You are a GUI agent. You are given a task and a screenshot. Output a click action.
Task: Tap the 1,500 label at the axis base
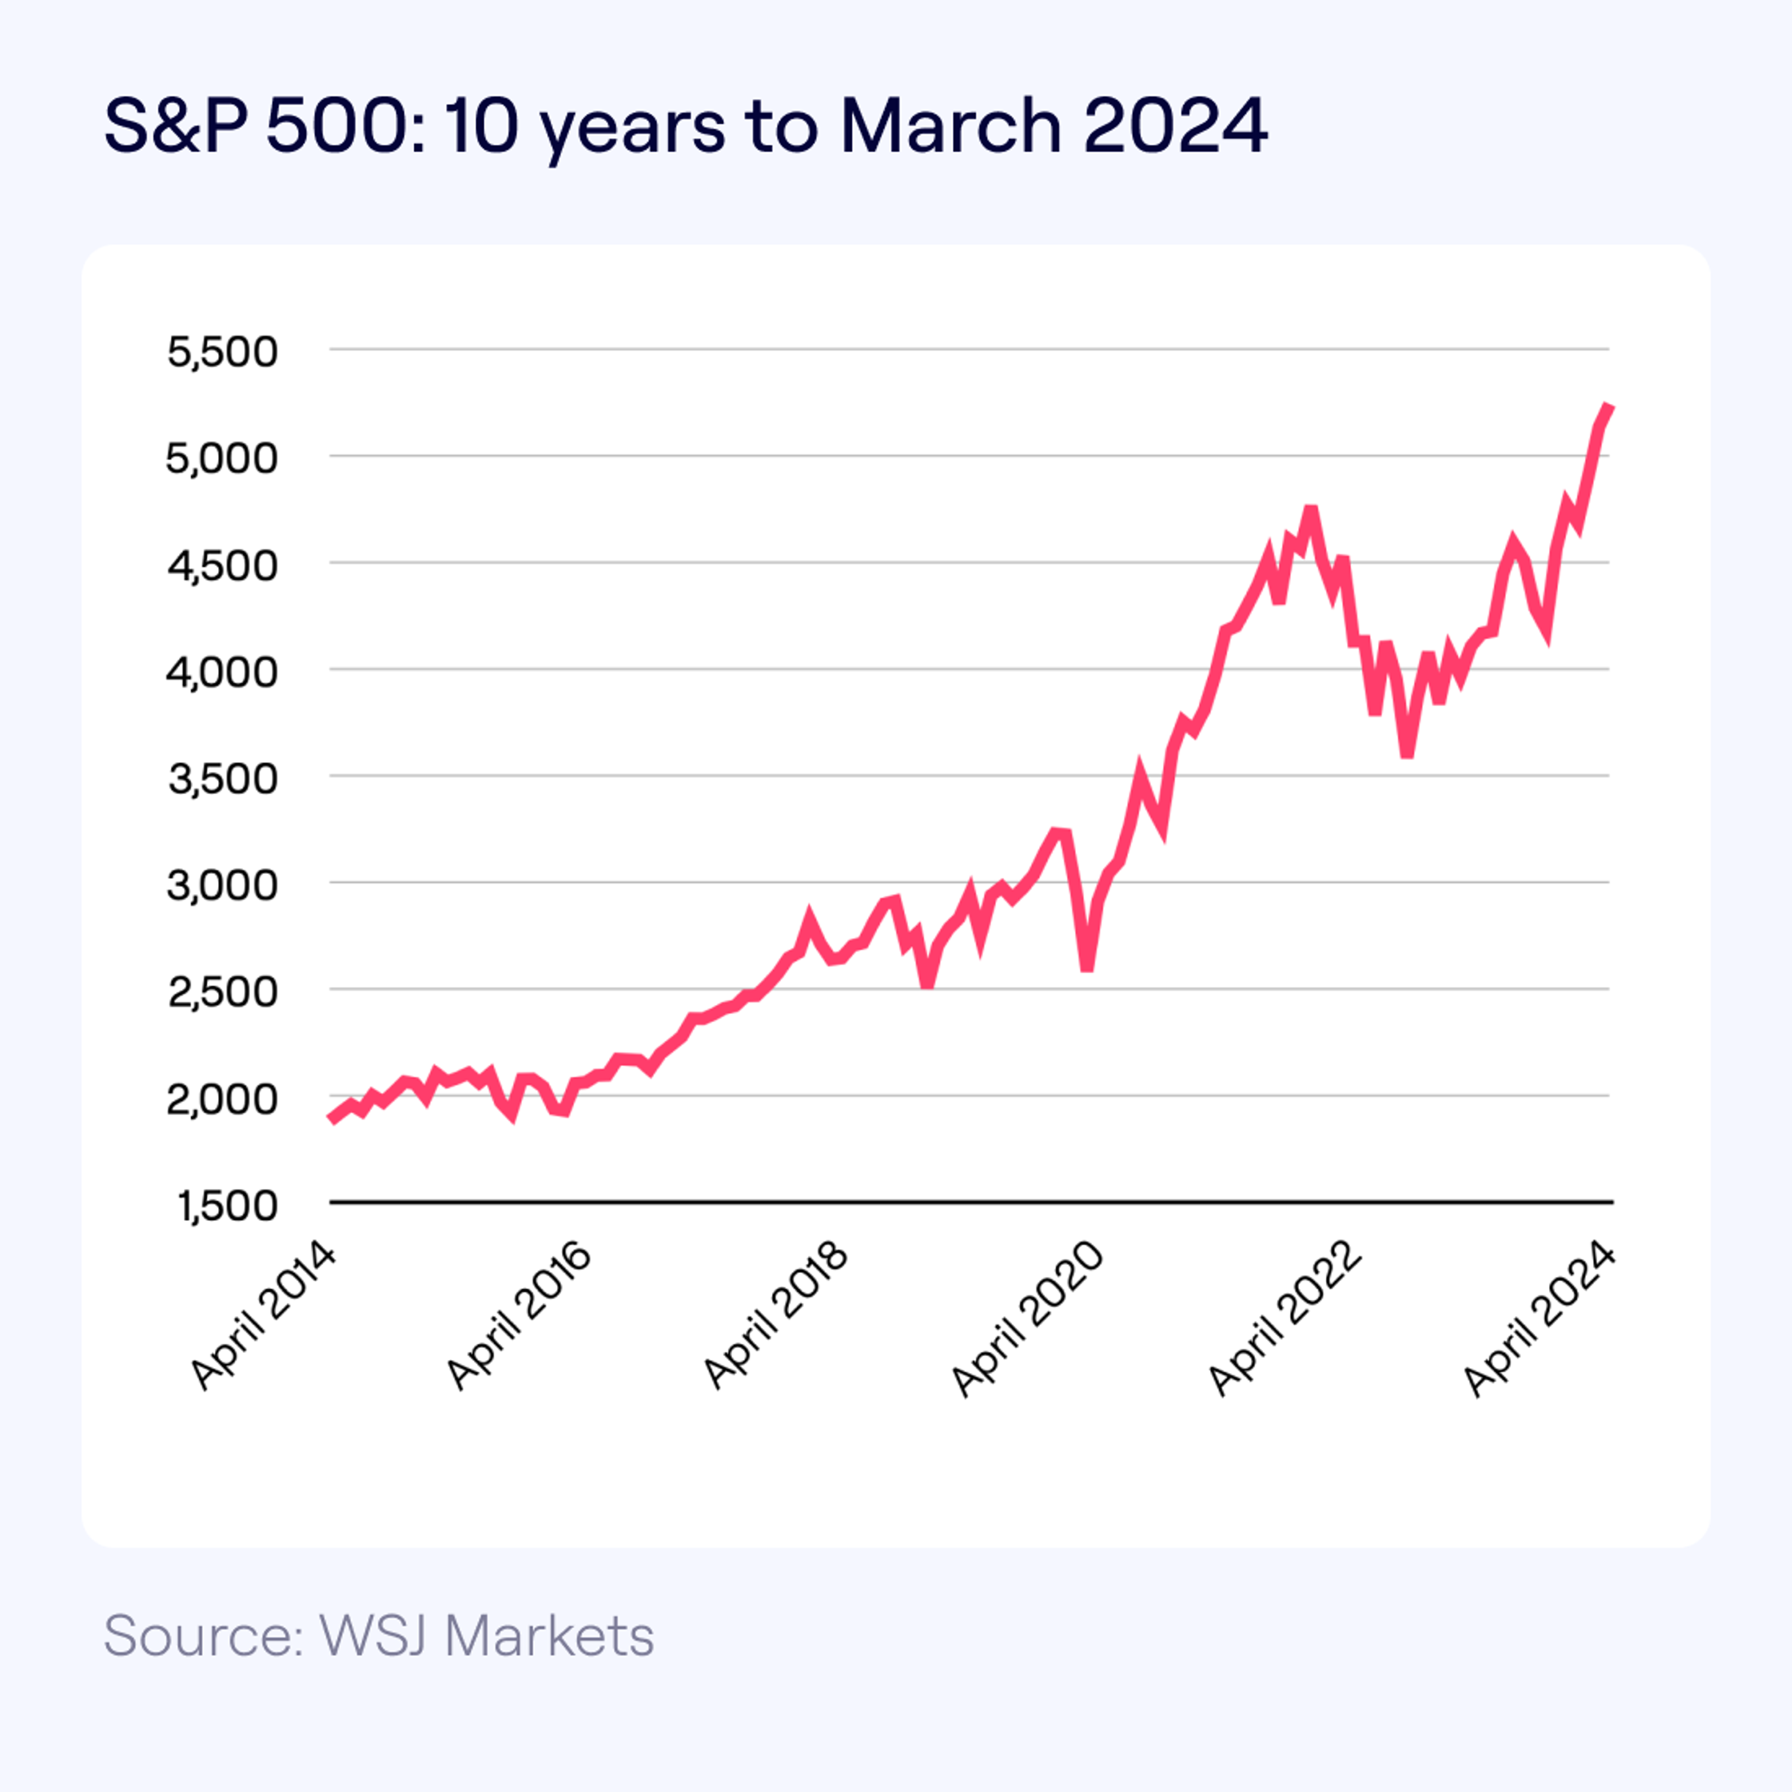[x=227, y=1206]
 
